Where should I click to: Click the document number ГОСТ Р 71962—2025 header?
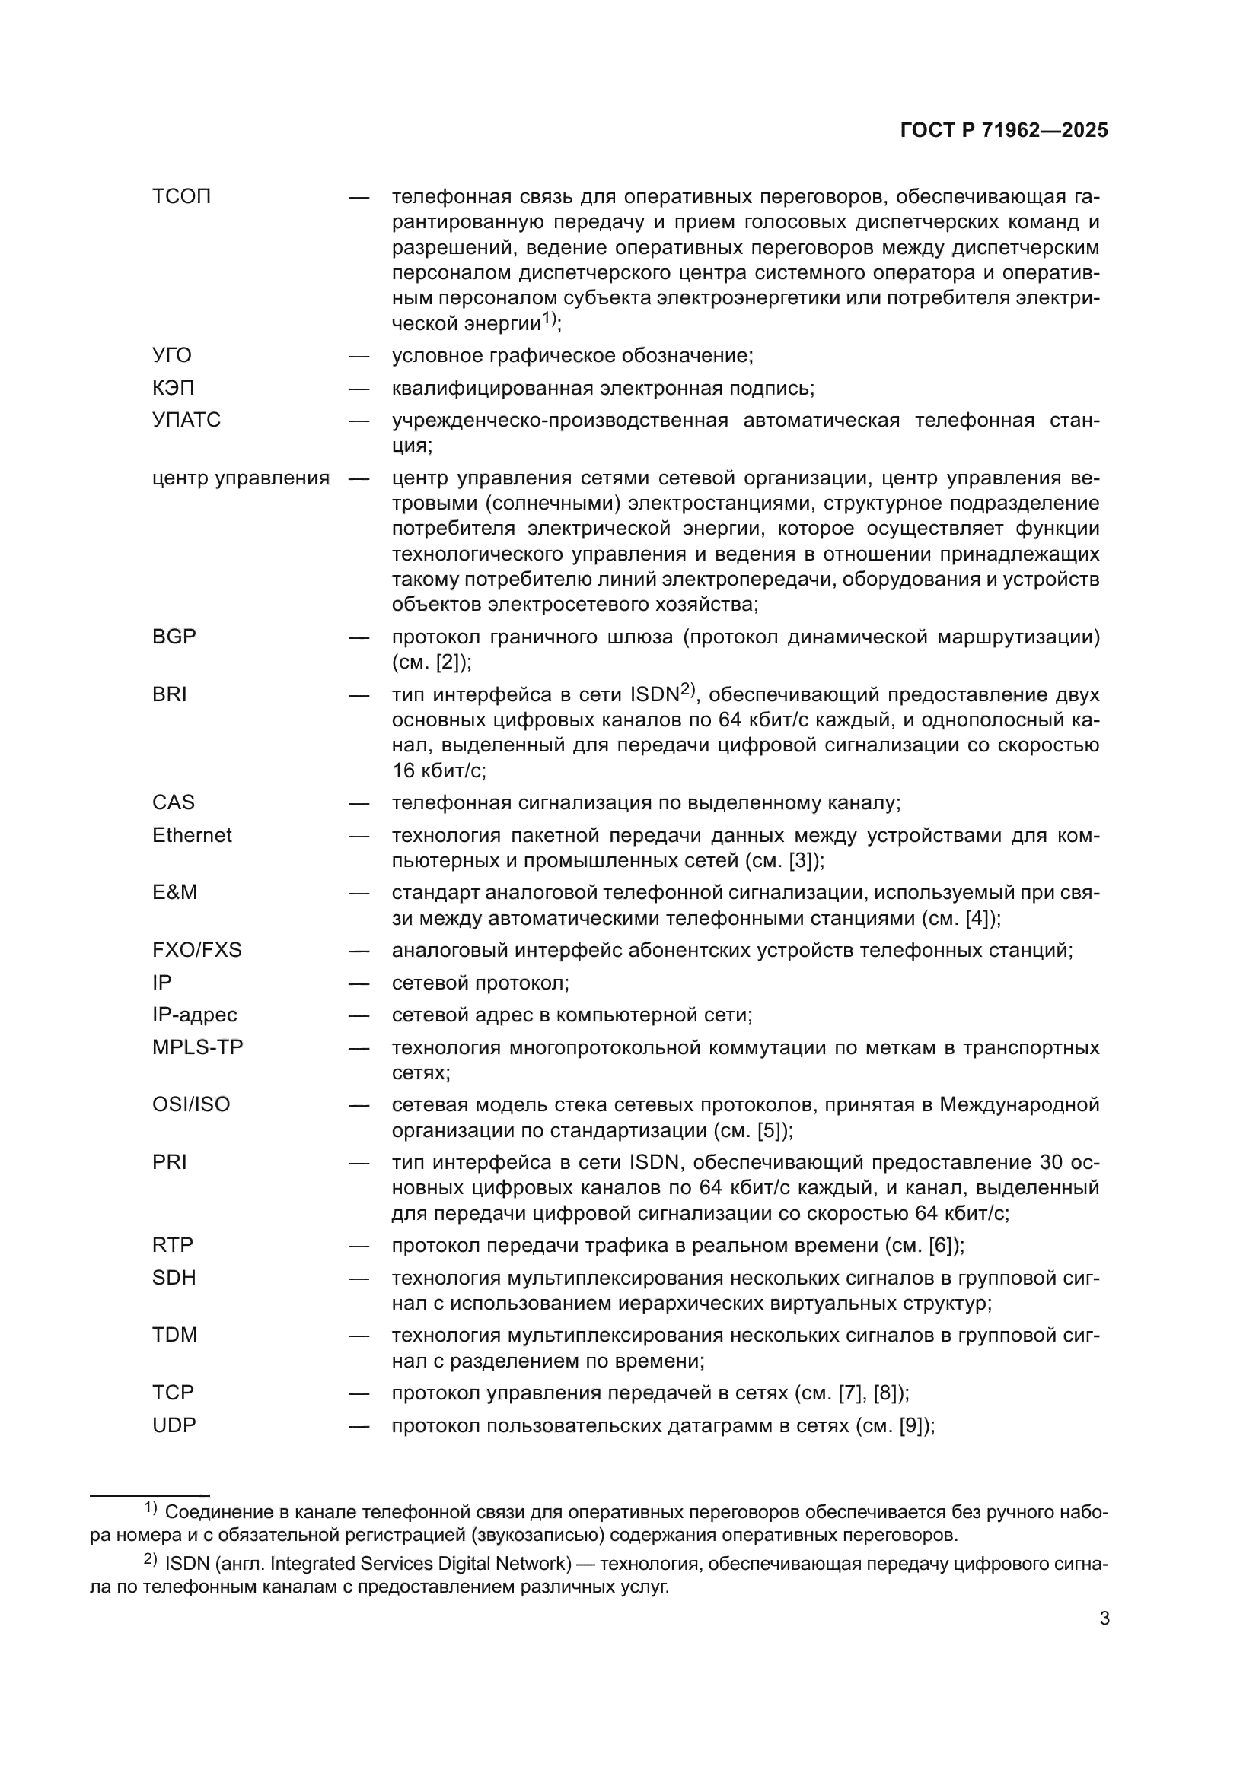1004,131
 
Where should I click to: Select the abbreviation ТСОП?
181,197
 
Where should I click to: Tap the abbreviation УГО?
171,356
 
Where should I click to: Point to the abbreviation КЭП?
173,387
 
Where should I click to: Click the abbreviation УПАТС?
186,420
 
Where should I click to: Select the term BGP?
174,637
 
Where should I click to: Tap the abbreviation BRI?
169,695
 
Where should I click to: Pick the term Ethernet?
192,835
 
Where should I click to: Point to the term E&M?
174,893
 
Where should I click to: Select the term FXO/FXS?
196,950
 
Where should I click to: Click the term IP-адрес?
194,1015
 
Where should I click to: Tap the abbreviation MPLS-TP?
197,1047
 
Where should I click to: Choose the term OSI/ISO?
191,1105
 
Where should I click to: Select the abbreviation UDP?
174,1425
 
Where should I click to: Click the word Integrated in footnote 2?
310,1564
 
